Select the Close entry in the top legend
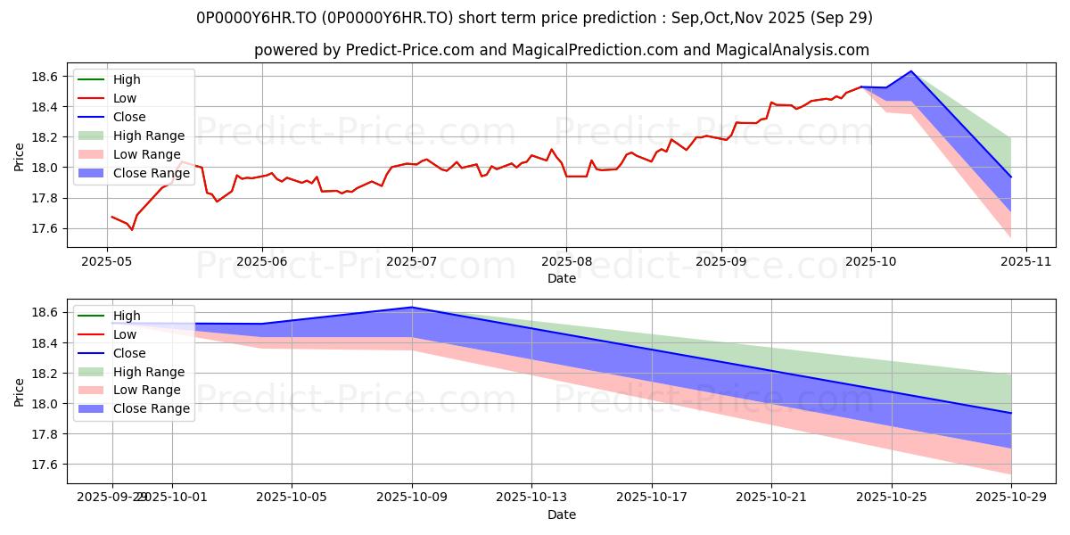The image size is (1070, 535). [129, 117]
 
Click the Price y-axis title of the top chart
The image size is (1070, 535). [20, 158]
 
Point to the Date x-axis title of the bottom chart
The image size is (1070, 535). [562, 514]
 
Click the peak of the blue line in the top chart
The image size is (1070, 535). [911, 71]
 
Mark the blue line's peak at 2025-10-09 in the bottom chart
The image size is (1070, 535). [412, 307]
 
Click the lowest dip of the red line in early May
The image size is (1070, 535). [132, 230]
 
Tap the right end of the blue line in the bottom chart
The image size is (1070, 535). [1011, 413]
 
